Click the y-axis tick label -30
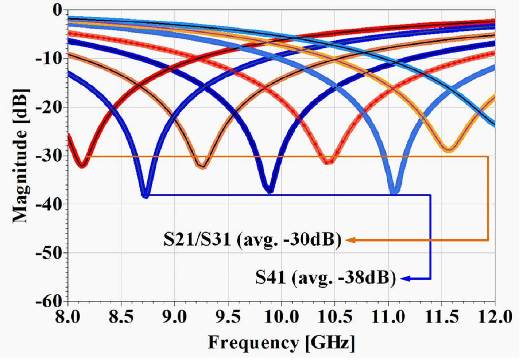(x=49, y=156)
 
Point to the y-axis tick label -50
(x=49, y=253)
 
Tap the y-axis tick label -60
(x=49, y=302)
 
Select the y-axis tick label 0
(x=57, y=11)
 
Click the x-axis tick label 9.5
(x=228, y=317)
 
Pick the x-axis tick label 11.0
(x=388, y=317)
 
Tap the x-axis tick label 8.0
(x=68, y=317)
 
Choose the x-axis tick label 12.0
(x=495, y=317)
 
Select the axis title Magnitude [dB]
(x=21, y=156)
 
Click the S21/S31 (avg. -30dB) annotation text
(x=252, y=240)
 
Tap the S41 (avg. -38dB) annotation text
(x=325, y=278)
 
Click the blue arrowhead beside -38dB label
(x=405, y=279)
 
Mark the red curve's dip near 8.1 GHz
(x=82, y=165)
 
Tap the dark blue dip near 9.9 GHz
(x=270, y=190)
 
